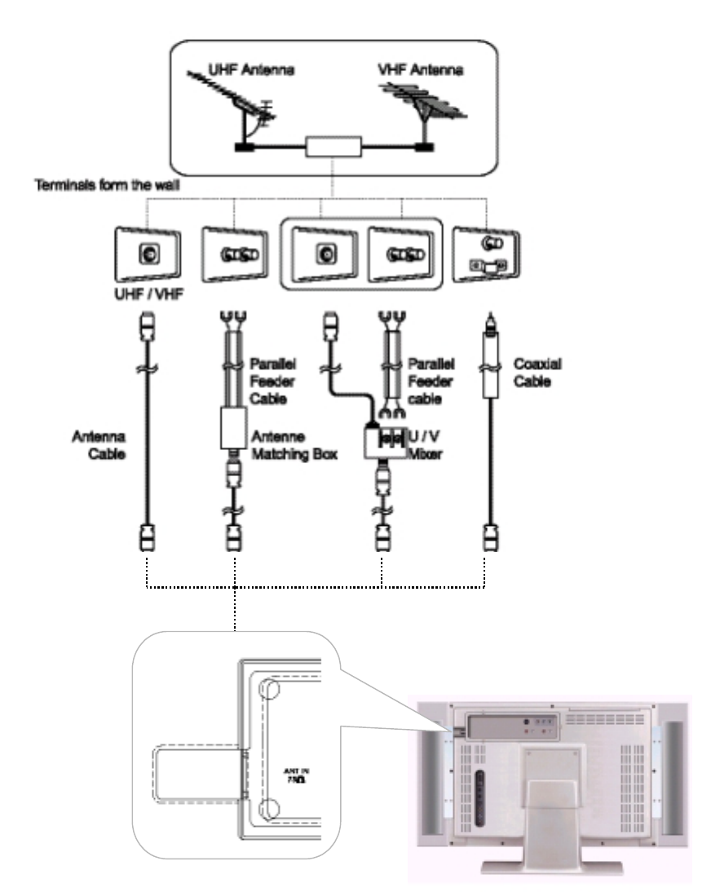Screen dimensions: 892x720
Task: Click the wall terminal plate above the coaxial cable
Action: tap(487, 254)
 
